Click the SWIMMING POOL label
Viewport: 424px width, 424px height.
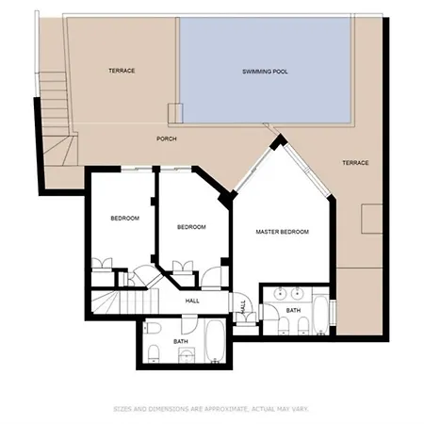click(x=265, y=72)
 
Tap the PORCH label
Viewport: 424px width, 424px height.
click(x=167, y=139)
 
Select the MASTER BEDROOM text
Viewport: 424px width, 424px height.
click(x=282, y=232)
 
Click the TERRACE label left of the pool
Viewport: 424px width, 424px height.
click(x=122, y=71)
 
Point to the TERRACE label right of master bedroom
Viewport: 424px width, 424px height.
click(x=355, y=163)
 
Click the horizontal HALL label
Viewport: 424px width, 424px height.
click(x=192, y=301)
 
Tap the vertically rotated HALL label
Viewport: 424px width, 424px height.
click(x=243, y=307)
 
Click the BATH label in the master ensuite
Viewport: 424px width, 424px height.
click(x=293, y=310)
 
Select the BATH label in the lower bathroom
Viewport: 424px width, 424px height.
click(x=181, y=341)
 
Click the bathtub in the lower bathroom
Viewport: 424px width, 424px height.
click(x=215, y=341)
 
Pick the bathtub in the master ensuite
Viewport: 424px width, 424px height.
click(x=320, y=315)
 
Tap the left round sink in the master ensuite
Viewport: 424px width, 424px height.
click(x=280, y=293)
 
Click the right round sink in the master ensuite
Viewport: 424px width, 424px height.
click(x=296, y=293)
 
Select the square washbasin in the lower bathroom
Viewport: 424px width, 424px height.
click(x=187, y=355)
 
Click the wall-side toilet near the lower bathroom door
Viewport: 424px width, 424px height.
click(x=153, y=328)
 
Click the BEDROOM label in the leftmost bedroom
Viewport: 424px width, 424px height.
click(x=124, y=219)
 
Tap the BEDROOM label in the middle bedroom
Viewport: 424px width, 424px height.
click(x=191, y=227)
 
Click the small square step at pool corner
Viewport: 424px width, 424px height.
click(x=175, y=113)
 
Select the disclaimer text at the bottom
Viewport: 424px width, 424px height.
click(x=211, y=409)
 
